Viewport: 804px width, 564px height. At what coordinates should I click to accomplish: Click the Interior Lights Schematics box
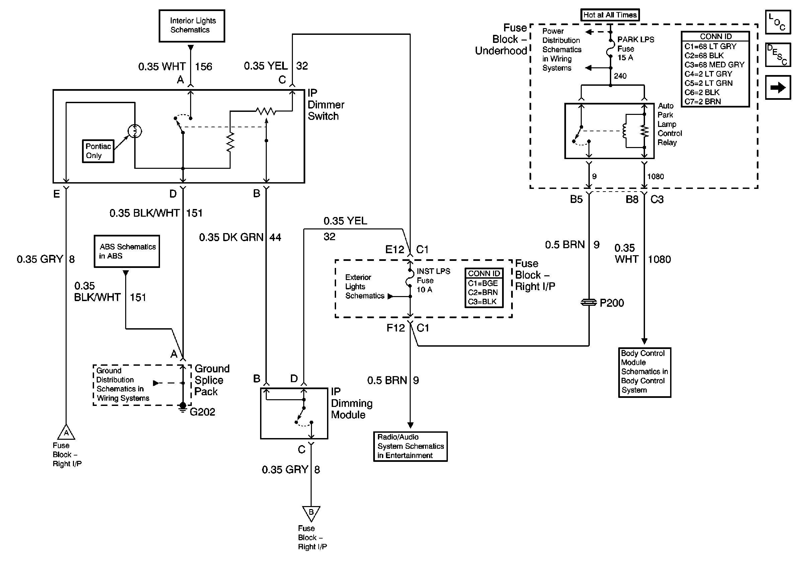(x=192, y=26)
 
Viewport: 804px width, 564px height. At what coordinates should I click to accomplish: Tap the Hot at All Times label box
(x=610, y=15)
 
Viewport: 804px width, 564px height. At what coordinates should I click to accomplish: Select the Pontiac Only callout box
(x=98, y=151)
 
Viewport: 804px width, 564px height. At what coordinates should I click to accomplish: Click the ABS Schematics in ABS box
(x=127, y=251)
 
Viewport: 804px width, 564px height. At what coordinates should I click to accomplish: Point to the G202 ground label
(x=203, y=412)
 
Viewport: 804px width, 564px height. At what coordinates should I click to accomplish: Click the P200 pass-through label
(x=612, y=303)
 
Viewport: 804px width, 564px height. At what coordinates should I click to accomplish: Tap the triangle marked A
(x=66, y=433)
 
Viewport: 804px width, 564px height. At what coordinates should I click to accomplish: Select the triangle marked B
(x=311, y=513)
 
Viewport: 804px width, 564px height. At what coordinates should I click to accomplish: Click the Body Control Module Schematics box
(x=644, y=372)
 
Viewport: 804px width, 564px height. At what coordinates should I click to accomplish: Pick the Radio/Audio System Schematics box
(x=410, y=446)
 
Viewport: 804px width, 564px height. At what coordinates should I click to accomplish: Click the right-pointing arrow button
(x=778, y=87)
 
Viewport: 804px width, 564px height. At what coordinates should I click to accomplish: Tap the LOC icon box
(x=778, y=22)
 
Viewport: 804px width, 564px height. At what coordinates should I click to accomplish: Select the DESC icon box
(x=778, y=55)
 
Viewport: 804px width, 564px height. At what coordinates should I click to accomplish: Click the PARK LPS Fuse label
(x=635, y=49)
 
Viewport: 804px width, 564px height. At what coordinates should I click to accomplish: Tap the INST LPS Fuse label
(x=433, y=280)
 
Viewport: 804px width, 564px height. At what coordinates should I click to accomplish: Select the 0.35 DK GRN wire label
(x=231, y=237)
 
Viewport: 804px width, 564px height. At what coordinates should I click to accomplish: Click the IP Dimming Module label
(x=351, y=403)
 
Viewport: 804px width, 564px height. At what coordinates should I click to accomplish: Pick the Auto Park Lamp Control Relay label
(x=669, y=124)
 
